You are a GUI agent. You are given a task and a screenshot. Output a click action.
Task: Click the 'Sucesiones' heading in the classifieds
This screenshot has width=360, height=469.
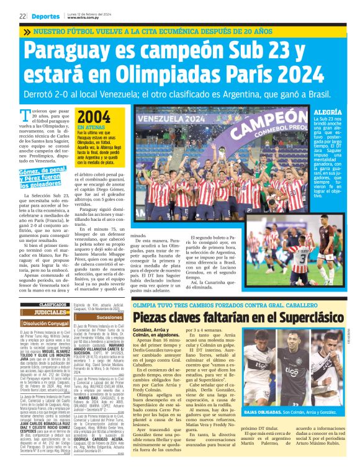click(110, 316)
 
